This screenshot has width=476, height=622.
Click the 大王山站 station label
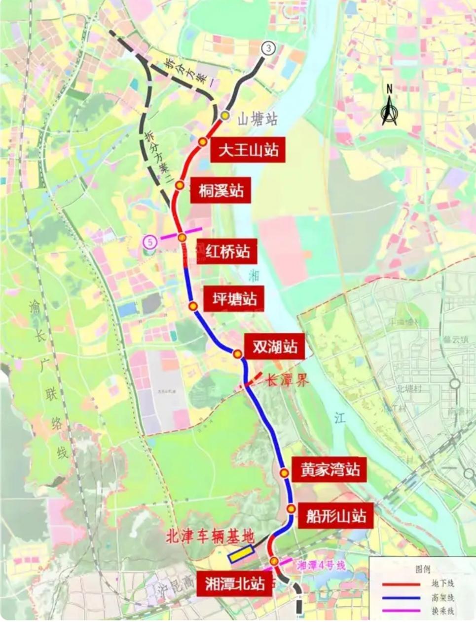coord(248,150)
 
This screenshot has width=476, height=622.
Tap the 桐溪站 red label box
coord(221,190)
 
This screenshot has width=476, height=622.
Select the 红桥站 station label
coord(227,251)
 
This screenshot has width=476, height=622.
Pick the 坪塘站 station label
coord(234,298)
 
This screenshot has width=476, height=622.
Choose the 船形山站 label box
coord(336,516)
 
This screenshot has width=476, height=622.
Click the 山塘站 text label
coord(257,119)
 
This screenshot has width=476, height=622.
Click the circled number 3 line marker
coord(268,48)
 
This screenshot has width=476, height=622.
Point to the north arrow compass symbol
coord(389,106)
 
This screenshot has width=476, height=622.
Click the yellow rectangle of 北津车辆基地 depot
coord(241,554)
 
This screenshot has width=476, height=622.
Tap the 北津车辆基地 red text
coord(210,537)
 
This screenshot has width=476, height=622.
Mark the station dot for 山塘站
coord(225,116)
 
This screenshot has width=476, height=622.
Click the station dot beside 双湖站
coord(238,354)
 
